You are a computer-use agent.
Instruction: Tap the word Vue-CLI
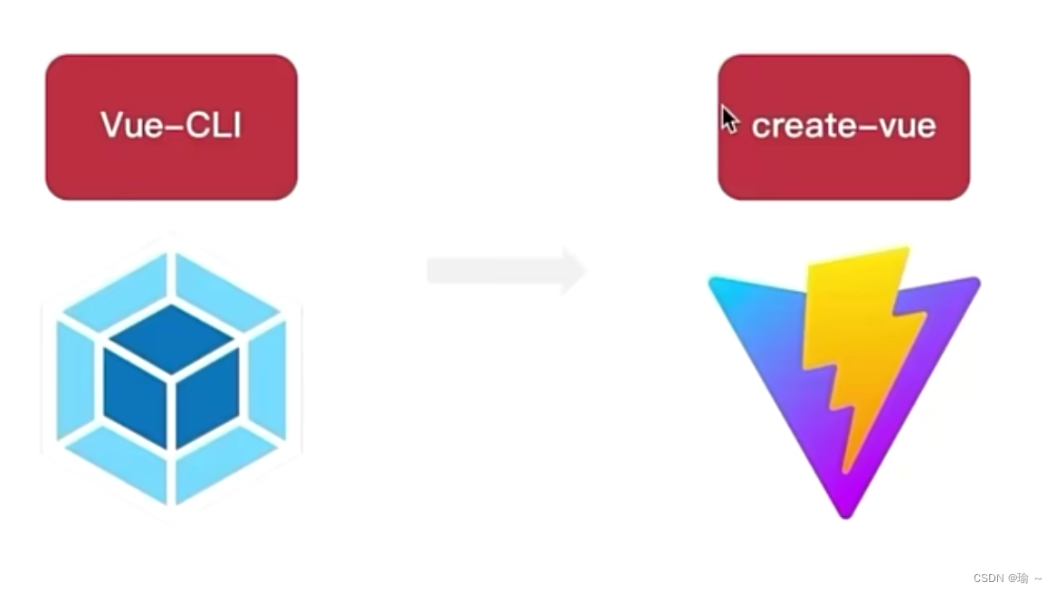click(171, 126)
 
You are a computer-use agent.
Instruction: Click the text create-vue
click(843, 126)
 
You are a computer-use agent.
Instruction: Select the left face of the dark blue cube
click(136, 398)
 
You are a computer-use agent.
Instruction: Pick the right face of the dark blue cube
click(207, 398)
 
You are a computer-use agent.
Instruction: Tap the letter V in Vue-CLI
click(110, 126)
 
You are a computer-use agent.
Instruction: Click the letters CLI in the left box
click(216, 126)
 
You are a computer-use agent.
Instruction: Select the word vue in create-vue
click(905, 126)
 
